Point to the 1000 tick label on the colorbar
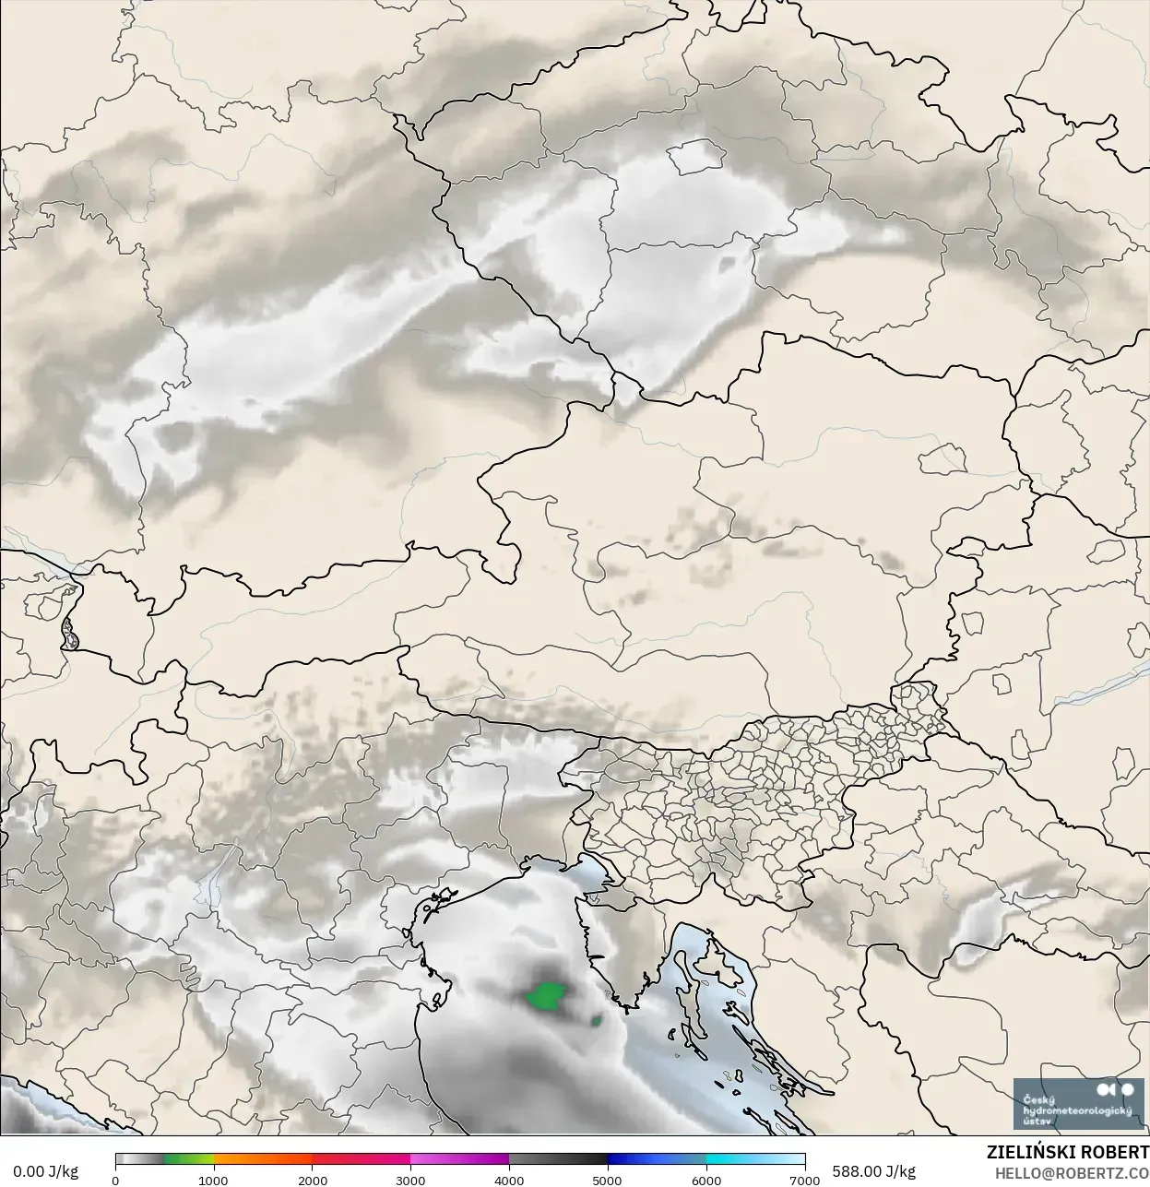214,1180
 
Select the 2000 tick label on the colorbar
313,1180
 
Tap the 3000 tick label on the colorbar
411,1180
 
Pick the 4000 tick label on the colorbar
510,1180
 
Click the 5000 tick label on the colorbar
608,1180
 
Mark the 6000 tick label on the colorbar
706,1180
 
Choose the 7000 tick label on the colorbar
805,1180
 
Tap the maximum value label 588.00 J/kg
873,1171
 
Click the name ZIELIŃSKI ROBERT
1067,1153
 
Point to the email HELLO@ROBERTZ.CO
1072,1173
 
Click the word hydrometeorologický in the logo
1077,1110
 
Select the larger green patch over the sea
545,996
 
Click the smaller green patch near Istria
598,1020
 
